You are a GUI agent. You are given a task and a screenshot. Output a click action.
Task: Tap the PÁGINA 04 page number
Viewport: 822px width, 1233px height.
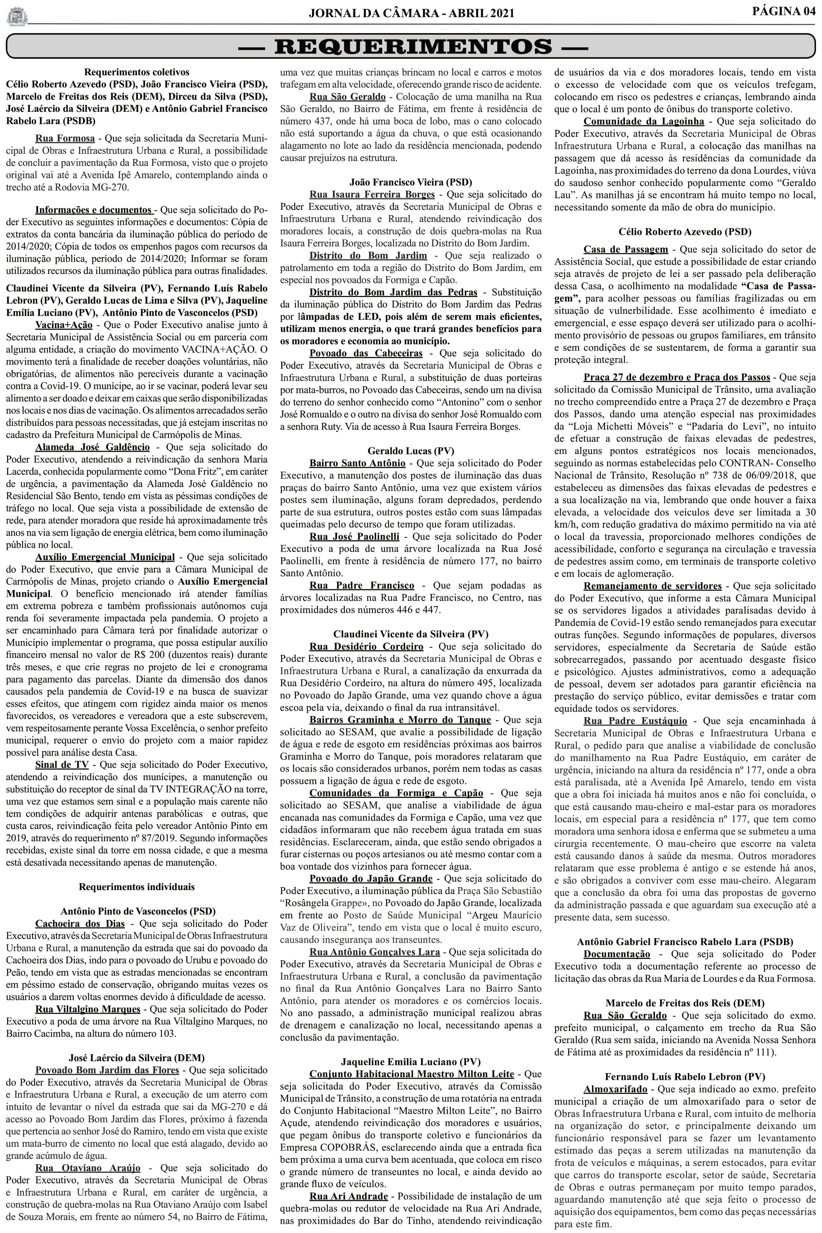(x=784, y=12)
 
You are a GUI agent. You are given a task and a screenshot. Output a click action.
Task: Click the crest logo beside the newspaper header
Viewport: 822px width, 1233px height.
(x=17, y=16)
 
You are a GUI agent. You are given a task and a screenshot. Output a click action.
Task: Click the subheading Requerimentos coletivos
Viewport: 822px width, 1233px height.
(x=137, y=72)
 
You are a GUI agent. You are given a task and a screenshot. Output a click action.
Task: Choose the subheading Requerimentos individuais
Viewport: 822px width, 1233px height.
(x=137, y=887)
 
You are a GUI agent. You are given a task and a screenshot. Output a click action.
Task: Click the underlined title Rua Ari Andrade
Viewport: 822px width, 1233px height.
(x=349, y=1164)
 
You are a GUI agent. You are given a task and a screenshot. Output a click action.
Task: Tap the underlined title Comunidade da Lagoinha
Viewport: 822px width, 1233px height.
(x=644, y=121)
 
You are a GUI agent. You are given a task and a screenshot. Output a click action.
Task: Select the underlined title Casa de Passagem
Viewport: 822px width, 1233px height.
(x=626, y=249)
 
